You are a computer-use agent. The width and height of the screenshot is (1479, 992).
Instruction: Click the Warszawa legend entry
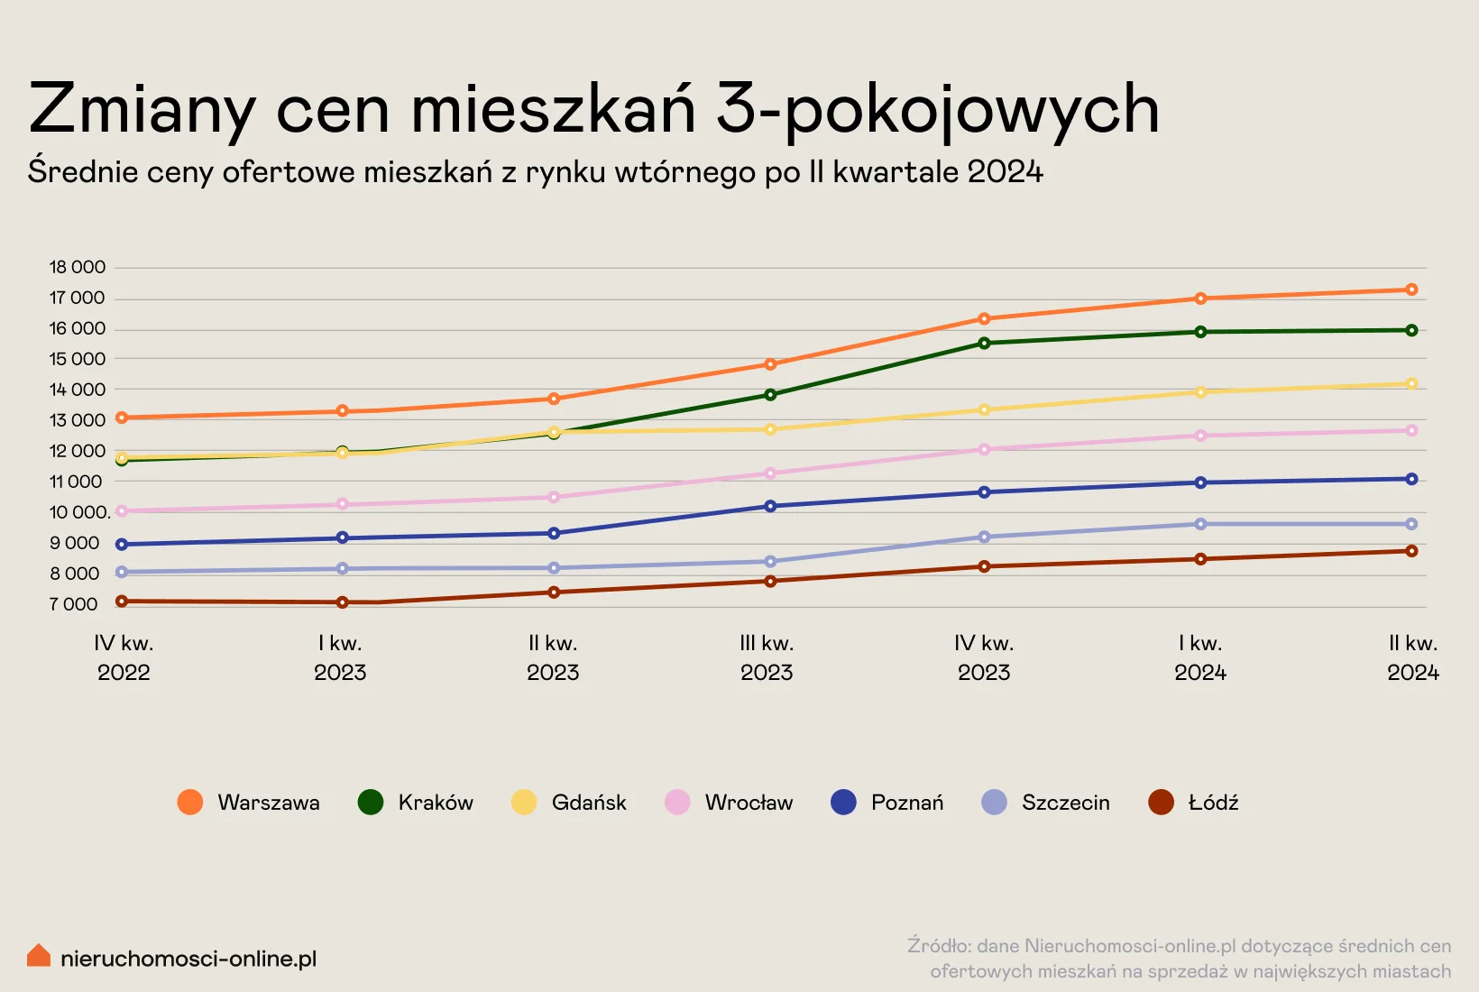(x=249, y=803)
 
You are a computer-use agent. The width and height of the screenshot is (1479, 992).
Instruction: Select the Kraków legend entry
(x=416, y=803)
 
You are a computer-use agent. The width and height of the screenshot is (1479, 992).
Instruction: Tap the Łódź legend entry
(x=1193, y=803)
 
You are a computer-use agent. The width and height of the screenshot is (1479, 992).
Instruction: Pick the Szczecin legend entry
(x=1046, y=803)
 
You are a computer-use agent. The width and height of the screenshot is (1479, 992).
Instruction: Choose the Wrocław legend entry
(x=729, y=803)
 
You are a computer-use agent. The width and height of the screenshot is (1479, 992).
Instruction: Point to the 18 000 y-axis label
(x=78, y=267)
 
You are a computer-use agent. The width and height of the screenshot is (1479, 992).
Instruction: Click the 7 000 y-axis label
(x=74, y=604)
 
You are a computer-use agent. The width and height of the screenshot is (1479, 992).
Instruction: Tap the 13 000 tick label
(x=78, y=420)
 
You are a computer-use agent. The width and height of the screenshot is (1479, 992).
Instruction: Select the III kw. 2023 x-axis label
(x=767, y=657)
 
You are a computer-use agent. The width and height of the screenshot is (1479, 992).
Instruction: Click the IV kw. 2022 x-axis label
(x=124, y=657)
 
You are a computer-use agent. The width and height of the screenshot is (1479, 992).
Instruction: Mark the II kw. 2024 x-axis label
(x=1413, y=657)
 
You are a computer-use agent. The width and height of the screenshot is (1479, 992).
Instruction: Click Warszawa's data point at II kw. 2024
(x=1411, y=289)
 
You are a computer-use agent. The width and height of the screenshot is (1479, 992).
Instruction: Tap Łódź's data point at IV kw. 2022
(x=122, y=602)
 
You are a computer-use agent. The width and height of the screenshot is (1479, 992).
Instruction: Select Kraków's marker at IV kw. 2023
(x=984, y=343)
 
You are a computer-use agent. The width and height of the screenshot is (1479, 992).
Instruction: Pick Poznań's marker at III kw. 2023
(x=770, y=506)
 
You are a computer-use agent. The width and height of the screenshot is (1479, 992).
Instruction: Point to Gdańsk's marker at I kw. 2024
(x=1200, y=392)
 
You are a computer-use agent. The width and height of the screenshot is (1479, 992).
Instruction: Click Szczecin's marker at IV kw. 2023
(x=984, y=537)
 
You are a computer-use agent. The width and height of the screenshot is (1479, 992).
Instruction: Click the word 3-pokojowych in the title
(x=938, y=110)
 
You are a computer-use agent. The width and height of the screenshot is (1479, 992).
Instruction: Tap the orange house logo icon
(x=39, y=956)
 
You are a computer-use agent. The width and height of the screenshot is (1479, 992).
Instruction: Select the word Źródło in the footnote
(x=938, y=946)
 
